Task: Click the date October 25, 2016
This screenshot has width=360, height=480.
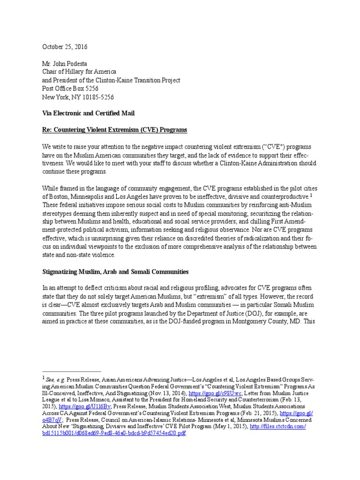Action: (65, 47)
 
